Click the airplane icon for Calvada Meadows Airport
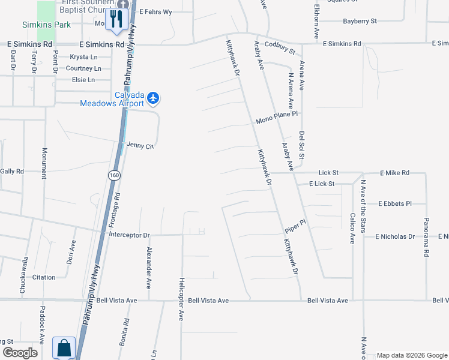153,97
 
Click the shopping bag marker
63,347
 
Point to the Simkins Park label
46,25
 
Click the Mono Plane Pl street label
277,113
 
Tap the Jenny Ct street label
140,145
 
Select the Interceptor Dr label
129,234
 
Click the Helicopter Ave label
181,299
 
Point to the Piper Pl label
295,226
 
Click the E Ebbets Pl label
394,203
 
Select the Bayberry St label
360,21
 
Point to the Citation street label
44,277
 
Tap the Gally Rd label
12,171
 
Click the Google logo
20,353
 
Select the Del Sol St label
302,145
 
